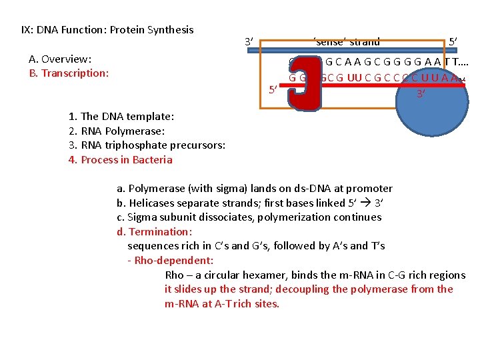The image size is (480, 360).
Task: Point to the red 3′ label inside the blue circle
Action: pyautogui.click(x=421, y=94)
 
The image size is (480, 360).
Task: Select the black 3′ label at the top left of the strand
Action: pyautogui.click(x=249, y=42)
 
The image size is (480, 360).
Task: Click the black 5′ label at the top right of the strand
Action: pyautogui.click(x=453, y=42)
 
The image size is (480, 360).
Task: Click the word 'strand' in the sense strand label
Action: pyautogui.click(x=364, y=42)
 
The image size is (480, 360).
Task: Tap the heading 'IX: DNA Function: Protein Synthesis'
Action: pyautogui.click(x=107, y=30)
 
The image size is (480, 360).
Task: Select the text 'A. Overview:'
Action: pyautogui.click(x=61, y=59)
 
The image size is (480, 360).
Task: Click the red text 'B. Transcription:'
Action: pyautogui.click(x=69, y=73)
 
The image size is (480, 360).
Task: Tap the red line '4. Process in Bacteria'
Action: pyautogui.click(x=120, y=160)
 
